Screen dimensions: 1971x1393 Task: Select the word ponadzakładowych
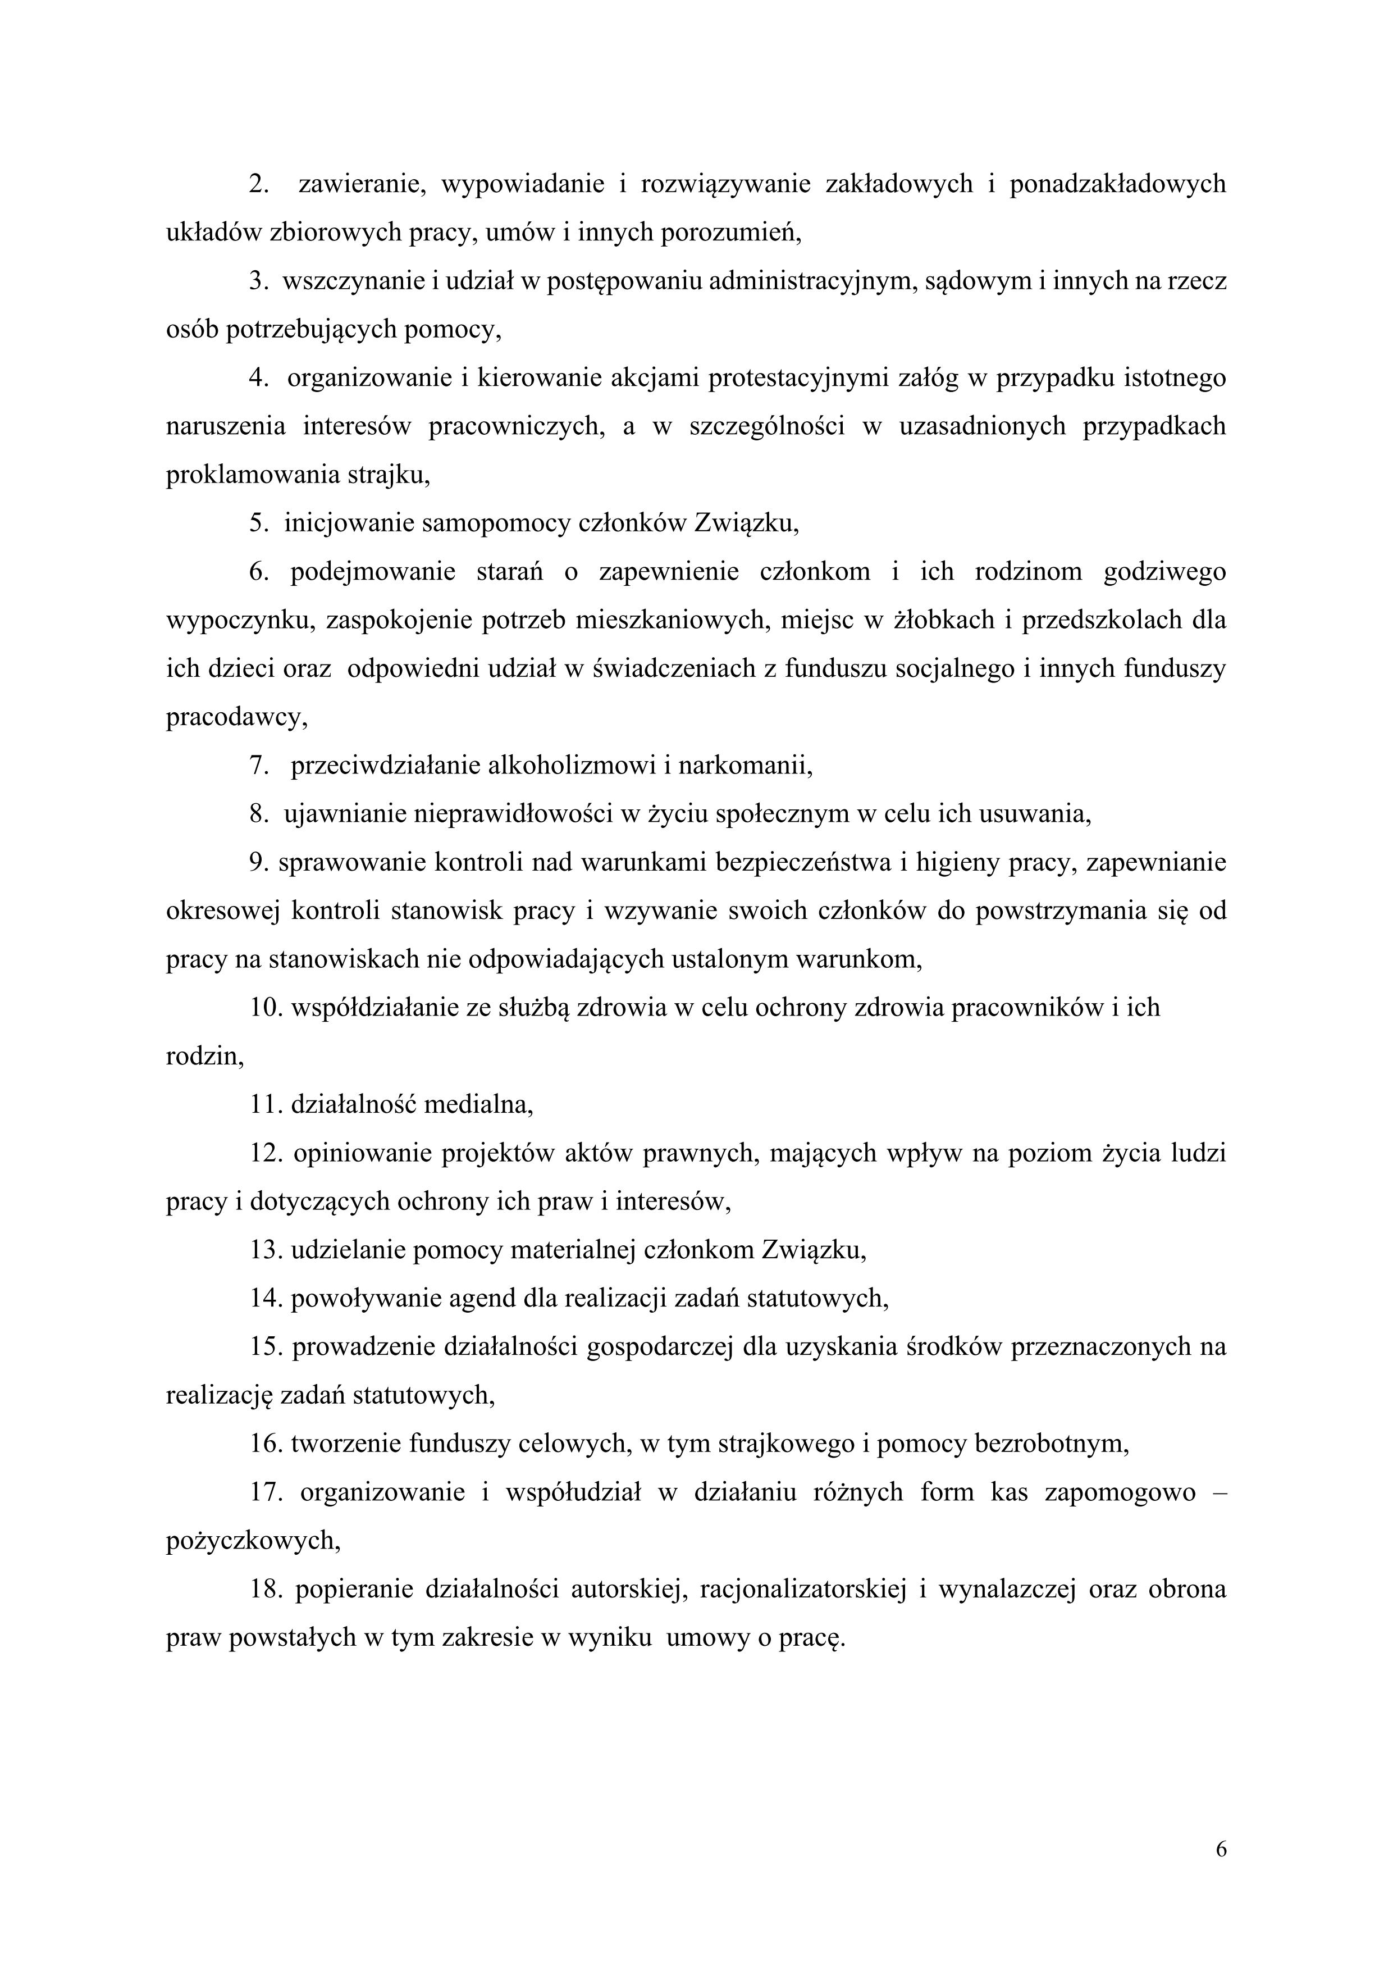pos(1117,185)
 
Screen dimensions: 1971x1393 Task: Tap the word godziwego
pos(1164,572)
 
